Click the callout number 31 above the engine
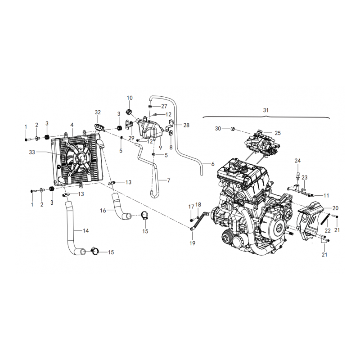point(265,110)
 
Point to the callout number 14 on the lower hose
point(85,230)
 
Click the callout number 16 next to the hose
point(103,210)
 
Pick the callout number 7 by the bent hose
point(169,180)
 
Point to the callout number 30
point(218,128)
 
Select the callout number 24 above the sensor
point(297,161)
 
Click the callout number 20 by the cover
point(336,208)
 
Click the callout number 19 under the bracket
point(193,243)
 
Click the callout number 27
point(164,106)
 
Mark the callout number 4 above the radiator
point(72,125)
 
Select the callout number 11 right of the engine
point(326,195)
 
